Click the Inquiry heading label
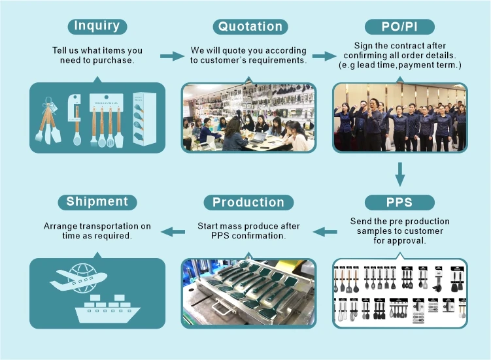tap(97, 26)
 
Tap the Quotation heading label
tap(250, 27)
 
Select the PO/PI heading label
tap(399, 27)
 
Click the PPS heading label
tap(399, 202)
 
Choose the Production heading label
tap(248, 202)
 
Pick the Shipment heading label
tap(97, 201)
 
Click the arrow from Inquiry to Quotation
tap(172, 56)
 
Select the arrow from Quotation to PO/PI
tap(324, 56)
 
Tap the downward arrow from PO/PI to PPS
tap(399, 174)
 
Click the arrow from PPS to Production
tap(325, 231)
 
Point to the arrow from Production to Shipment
tap(173, 231)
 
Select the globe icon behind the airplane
tap(84, 273)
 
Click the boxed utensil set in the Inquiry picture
tap(144, 118)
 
